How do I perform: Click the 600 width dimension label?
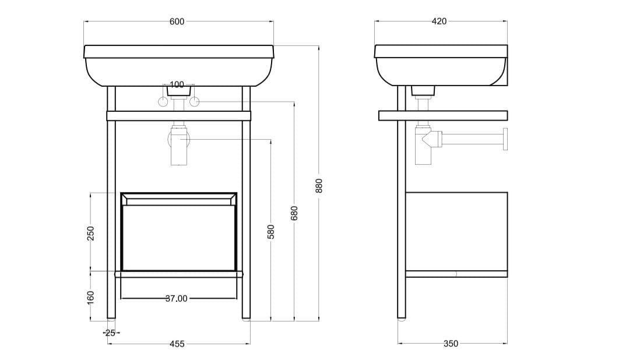[x=177, y=22]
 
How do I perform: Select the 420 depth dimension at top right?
[x=439, y=22]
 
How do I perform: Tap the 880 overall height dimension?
[x=318, y=185]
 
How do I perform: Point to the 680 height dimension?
[x=294, y=213]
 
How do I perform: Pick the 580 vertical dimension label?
[x=270, y=231]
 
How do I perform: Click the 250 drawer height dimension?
[x=90, y=232]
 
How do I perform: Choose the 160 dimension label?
[x=90, y=296]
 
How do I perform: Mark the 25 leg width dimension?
[x=111, y=333]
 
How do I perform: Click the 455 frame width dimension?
[x=177, y=344]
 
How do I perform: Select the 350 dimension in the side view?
[x=451, y=344]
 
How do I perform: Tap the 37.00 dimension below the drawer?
[x=177, y=298]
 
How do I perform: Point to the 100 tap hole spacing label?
[x=177, y=85]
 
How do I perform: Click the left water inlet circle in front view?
[x=164, y=103]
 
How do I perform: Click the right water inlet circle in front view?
[x=194, y=103]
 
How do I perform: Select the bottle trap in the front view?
[x=178, y=146]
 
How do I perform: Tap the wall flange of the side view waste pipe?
[x=505, y=139]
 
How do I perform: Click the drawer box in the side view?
[x=456, y=231]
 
